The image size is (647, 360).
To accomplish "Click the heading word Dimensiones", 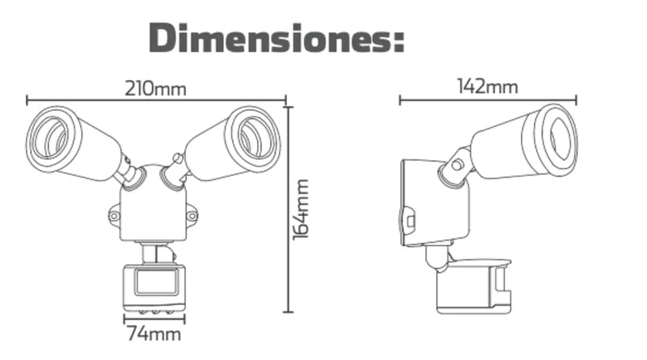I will point(267,38).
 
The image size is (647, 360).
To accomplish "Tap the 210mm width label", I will point(155,88).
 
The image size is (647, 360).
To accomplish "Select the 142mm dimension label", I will point(487,87).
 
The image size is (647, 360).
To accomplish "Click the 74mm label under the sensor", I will point(153,333).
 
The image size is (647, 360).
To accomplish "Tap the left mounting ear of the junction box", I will point(114,216).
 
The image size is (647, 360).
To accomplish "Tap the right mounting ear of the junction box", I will point(192,216).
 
